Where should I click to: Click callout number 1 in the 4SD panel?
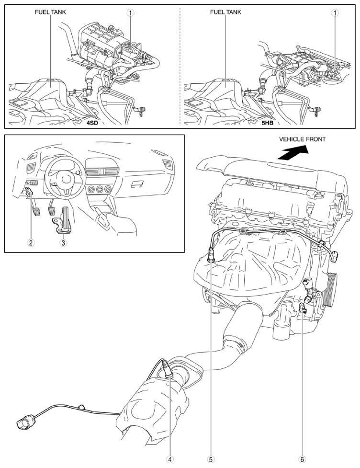click(130, 12)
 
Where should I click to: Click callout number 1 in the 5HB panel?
click(336, 12)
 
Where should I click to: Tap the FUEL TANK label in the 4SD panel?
click(50, 12)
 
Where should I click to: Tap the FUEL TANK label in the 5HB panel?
click(225, 12)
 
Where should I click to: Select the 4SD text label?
click(92, 122)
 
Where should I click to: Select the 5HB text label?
click(267, 122)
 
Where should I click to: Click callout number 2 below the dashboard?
click(31, 243)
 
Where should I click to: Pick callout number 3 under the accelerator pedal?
click(63, 243)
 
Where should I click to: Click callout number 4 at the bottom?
click(170, 459)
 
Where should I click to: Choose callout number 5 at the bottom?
click(211, 459)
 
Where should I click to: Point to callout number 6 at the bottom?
click(303, 459)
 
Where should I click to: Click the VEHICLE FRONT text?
click(302, 139)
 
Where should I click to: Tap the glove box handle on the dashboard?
click(136, 185)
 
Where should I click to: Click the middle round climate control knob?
click(99, 189)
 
